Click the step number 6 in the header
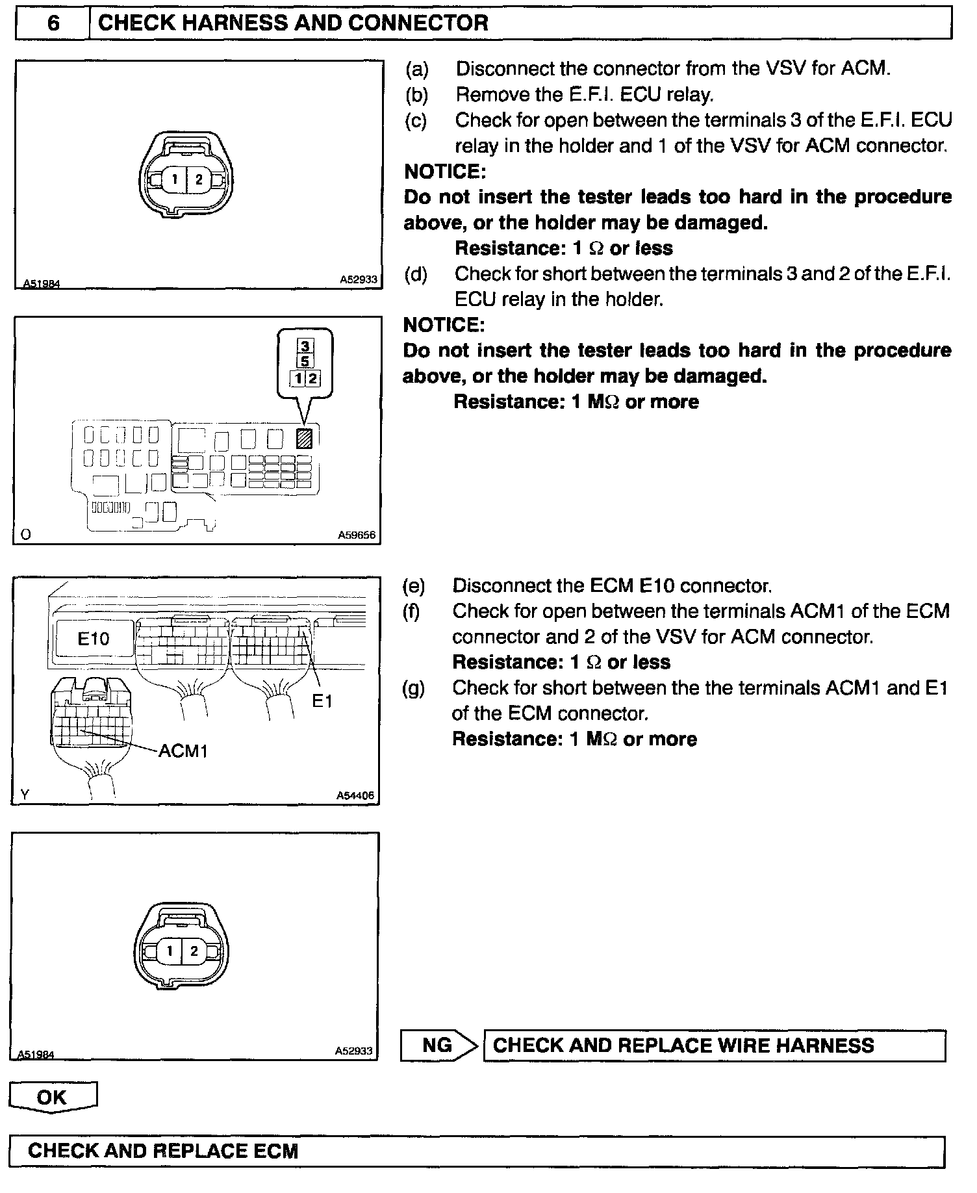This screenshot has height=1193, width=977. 53,24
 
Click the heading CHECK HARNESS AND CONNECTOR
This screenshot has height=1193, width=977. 292,24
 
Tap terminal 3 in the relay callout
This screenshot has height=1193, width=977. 305,346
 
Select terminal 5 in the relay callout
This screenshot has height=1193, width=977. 305,361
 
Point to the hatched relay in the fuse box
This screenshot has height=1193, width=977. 303,439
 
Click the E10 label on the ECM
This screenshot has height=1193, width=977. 94,639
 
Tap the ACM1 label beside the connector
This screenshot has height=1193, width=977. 183,751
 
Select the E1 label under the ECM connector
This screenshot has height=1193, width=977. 322,701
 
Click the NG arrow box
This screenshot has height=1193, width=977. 439,1045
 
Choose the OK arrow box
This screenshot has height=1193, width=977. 53,1097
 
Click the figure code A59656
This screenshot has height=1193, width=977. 357,536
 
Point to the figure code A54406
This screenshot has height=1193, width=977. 355,795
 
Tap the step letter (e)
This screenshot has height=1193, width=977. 414,586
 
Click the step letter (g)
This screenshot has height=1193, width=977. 414,688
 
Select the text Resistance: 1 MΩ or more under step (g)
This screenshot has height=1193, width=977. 574,739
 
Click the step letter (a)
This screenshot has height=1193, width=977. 417,69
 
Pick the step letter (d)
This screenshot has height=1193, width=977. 416,274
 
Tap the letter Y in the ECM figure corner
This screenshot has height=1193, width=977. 25,795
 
